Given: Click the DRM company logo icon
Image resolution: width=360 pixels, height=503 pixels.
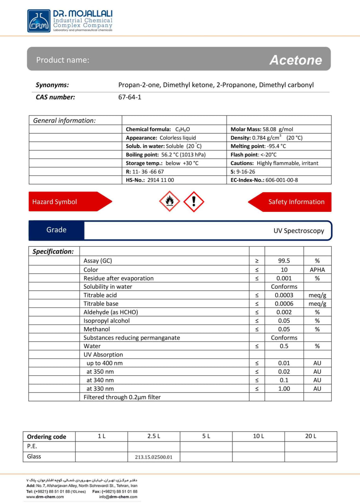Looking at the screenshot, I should (x=39, y=20).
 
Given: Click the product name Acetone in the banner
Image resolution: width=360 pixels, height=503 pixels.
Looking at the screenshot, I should (x=295, y=60).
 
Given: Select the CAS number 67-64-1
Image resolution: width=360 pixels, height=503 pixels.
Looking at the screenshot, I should (x=130, y=97).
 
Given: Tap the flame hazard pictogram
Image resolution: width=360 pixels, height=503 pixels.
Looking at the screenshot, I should (x=169, y=202).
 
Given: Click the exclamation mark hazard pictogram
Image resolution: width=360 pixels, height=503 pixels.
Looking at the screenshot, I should (x=194, y=202).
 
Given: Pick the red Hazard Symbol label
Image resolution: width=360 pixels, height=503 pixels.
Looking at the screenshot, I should (x=55, y=202).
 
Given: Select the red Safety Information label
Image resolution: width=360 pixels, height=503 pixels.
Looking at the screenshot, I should (x=296, y=202).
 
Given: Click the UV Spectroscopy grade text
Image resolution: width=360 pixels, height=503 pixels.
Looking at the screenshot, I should (x=299, y=231).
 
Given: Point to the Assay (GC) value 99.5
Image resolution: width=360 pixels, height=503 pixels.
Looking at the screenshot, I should (x=284, y=261).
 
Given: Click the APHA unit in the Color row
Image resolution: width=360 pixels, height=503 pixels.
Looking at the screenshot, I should (x=317, y=270).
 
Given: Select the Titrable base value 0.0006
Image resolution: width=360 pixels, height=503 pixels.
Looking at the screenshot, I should (x=284, y=304).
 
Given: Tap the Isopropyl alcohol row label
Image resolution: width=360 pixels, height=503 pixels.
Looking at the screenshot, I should (x=106, y=321).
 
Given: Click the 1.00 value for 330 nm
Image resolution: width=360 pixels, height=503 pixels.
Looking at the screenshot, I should (x=284, y=389).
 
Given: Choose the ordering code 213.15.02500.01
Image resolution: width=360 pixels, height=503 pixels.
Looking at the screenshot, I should (x=154, y=457).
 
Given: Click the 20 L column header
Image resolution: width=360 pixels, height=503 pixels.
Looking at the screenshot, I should (x=311, y=436).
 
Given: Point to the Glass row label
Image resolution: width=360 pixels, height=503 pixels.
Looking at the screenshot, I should (x=34, y=457).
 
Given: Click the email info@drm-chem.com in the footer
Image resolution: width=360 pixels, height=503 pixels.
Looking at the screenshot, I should (x=118, y=497).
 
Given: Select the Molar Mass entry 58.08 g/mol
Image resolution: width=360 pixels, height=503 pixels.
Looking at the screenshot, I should (x=262, y=129).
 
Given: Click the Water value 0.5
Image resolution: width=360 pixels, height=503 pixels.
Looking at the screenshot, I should (x=284, y=346).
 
